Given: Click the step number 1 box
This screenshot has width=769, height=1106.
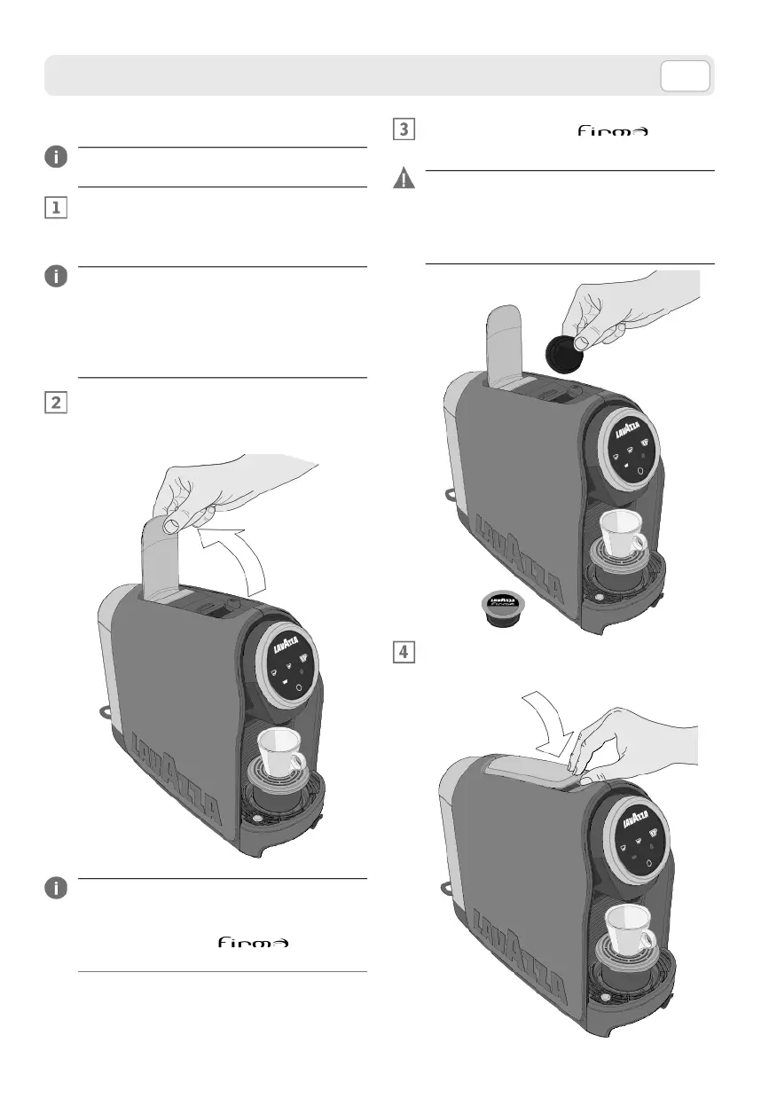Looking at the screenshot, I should click(x=55, y=208).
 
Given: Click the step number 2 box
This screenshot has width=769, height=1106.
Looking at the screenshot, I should click(x=55, y=402).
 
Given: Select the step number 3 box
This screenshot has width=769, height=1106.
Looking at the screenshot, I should click(x=403, y=129).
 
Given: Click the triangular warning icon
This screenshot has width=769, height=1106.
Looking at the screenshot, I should click(x=403, y=179).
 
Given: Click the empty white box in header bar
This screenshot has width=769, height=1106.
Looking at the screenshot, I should click(x=685, y=77).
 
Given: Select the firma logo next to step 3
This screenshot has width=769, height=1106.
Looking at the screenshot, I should click(x=613, y=131).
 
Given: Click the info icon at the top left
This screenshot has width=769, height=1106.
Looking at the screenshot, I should click(x=55, y=157).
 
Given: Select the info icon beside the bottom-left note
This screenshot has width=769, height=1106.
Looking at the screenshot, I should click(x=55, y=889).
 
